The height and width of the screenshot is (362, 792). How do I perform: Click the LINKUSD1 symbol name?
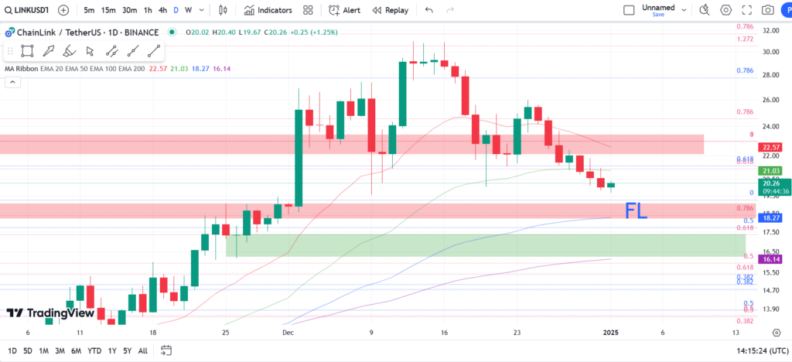point(26,10)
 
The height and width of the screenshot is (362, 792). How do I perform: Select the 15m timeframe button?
point(108,10)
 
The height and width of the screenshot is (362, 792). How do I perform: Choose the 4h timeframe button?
point(162,10)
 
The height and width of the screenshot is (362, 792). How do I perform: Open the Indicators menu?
point(268,10)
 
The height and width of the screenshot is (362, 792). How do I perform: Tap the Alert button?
point(344,10)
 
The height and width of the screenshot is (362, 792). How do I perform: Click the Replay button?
point(390,10)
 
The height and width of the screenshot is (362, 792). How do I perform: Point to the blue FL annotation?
point(636,209)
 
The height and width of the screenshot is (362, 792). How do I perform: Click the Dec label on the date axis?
point(288,332)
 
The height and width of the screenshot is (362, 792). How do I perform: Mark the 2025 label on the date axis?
point(611,332)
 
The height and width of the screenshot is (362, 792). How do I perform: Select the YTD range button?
point(95,350)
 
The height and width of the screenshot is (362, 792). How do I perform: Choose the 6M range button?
point(76,350)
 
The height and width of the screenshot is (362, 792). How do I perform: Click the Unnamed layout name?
point(653,8)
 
